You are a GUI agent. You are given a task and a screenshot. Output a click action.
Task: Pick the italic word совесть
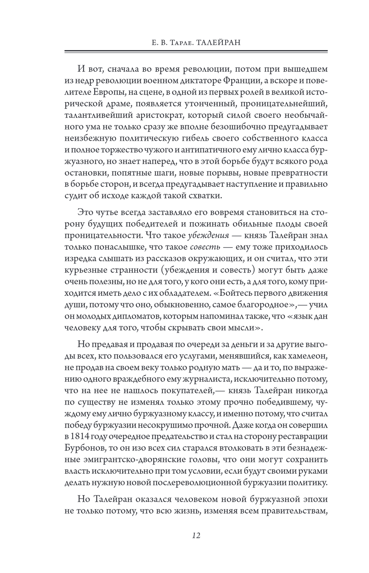click(x=205, y=246)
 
